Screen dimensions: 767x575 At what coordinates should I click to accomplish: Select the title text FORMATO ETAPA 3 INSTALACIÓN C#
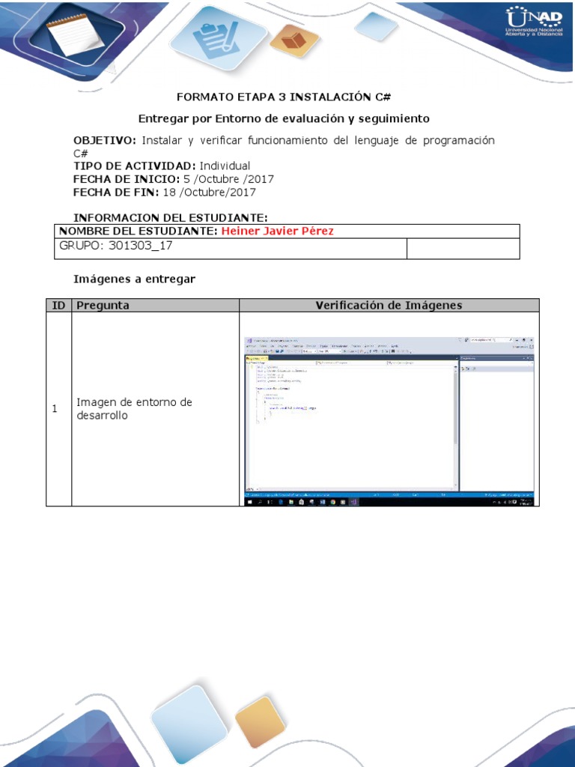284,97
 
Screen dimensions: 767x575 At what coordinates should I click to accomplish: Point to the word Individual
225,166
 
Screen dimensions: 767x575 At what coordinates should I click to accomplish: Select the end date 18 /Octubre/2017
209,192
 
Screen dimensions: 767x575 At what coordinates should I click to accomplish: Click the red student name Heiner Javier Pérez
277,231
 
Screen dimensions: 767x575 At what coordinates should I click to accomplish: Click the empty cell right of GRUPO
462,249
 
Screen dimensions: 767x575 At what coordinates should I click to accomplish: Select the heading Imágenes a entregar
134,279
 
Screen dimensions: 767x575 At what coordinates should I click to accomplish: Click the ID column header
58,305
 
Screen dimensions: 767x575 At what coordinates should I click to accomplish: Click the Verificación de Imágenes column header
389,305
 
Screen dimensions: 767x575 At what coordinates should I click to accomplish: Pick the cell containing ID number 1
55,409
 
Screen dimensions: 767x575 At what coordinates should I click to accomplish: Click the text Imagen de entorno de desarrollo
134,409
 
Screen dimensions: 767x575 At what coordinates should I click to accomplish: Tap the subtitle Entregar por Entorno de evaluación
285,118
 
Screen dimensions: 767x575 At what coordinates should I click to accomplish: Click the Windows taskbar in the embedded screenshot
389,503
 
